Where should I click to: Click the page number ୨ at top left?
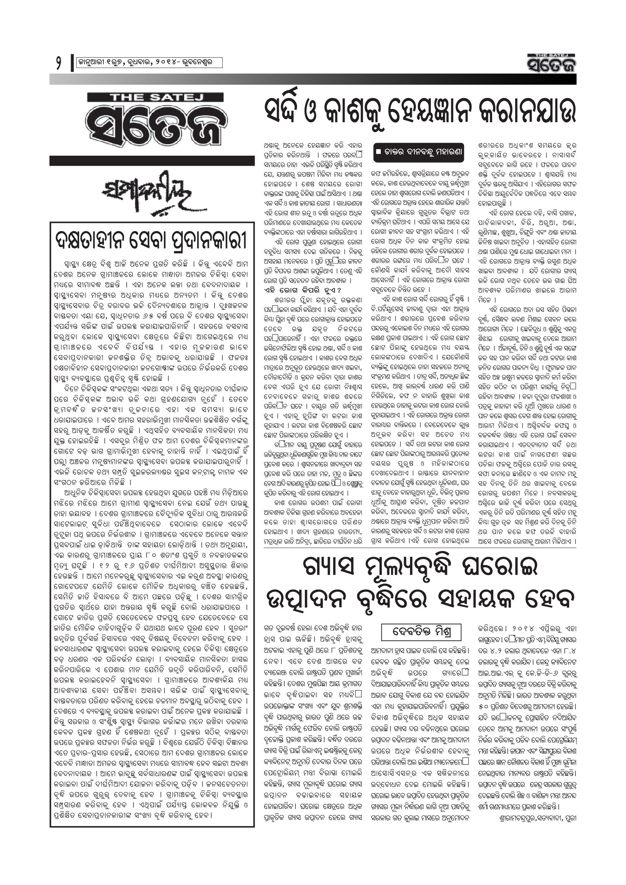[x=58, y=63]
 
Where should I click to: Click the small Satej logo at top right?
[x=552, y=63]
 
